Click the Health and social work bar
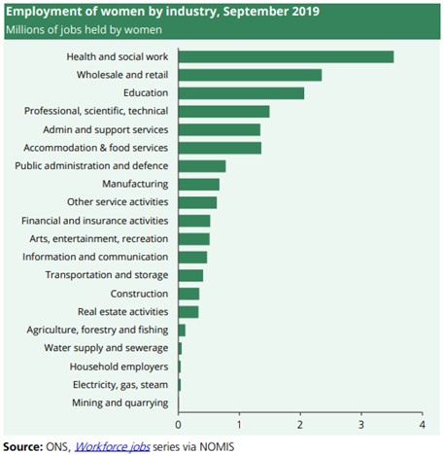click(x=286, y=56)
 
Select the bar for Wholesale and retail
click(x=250, y=75)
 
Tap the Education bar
click(x=241, y=93)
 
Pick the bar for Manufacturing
click(x=199, y=185)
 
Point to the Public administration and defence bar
click(x=202, y=166)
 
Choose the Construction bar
click(x=188, y=294)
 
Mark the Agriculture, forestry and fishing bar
click(x=182, y=331)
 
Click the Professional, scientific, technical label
click(x=96, y=111)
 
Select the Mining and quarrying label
click(x=120, y=403)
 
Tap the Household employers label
click(x=119, y=367)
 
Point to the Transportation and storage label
click(x=107, y=275)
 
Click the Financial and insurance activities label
click(x=95, y=221)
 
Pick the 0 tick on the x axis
click(x=178, y=425)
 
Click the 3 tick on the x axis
click(x=361, y=425)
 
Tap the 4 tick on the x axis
click(x=422, y=425)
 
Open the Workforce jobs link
click(x=113, y=447)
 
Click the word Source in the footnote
click(x=22, y=447)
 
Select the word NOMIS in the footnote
click(x=217, y=447)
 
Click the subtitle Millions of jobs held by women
click(x=84, y=30)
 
